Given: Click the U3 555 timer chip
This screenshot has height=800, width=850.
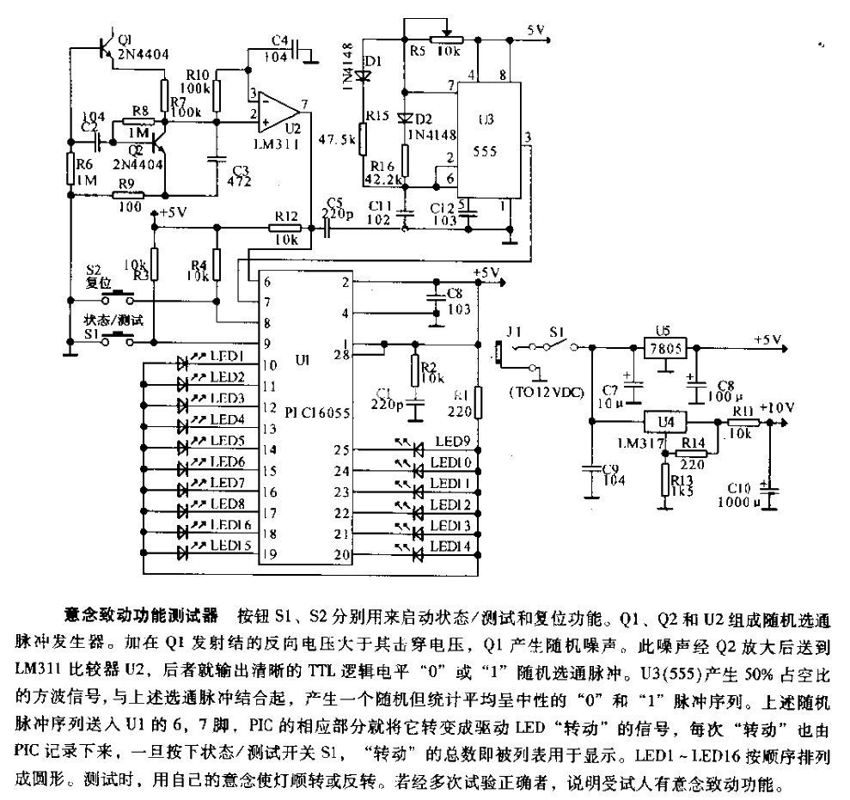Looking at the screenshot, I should pyautogui.click(x=491, y=137).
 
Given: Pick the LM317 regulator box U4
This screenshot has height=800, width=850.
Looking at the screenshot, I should pyautogui.click(x=663, y=422).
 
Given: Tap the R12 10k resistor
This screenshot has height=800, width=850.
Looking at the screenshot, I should pyautogui.click(x=281, y=228).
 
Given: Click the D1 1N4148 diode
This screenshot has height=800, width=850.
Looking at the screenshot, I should pyautogui.click(x=364, y=76).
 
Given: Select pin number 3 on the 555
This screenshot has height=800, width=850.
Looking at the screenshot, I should pyautogui.click(x=526, y=137).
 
